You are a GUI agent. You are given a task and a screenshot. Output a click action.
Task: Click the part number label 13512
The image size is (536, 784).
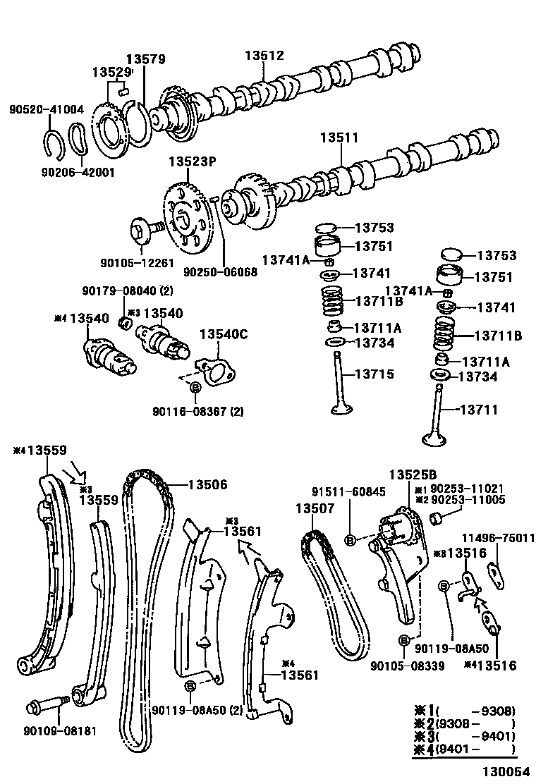click(264, 56)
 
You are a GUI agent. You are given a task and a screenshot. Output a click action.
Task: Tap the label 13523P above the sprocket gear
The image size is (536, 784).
click(191, 161)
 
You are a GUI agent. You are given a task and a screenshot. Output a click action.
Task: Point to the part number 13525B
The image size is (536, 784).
click(412, 474)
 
